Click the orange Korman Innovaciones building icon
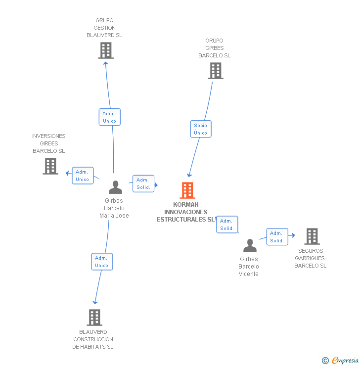pos(187,190)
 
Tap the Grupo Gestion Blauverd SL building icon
pos(105,50)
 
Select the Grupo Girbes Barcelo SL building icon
pos(215,71)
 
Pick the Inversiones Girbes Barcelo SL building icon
pos(50,166)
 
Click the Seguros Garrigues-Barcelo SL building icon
pos(312,236)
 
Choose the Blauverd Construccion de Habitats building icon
pos(94,318)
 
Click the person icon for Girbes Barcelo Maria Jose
pos(115,187)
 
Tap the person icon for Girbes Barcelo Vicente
pos(250,245)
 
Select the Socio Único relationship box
pos(200,129)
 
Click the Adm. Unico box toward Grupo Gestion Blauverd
pos(109,117)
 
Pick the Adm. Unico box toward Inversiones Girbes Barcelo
pos(83,176)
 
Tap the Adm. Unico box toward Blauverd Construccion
pos(102,262)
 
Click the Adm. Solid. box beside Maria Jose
pos(143,183)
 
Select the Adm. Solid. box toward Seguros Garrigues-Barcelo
pos(277,237)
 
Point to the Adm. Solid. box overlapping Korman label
pos(227,225)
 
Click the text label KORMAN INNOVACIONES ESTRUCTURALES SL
pos(185,212)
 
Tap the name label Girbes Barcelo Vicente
pos(249,267)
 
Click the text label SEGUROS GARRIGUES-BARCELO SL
pos(311,258)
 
